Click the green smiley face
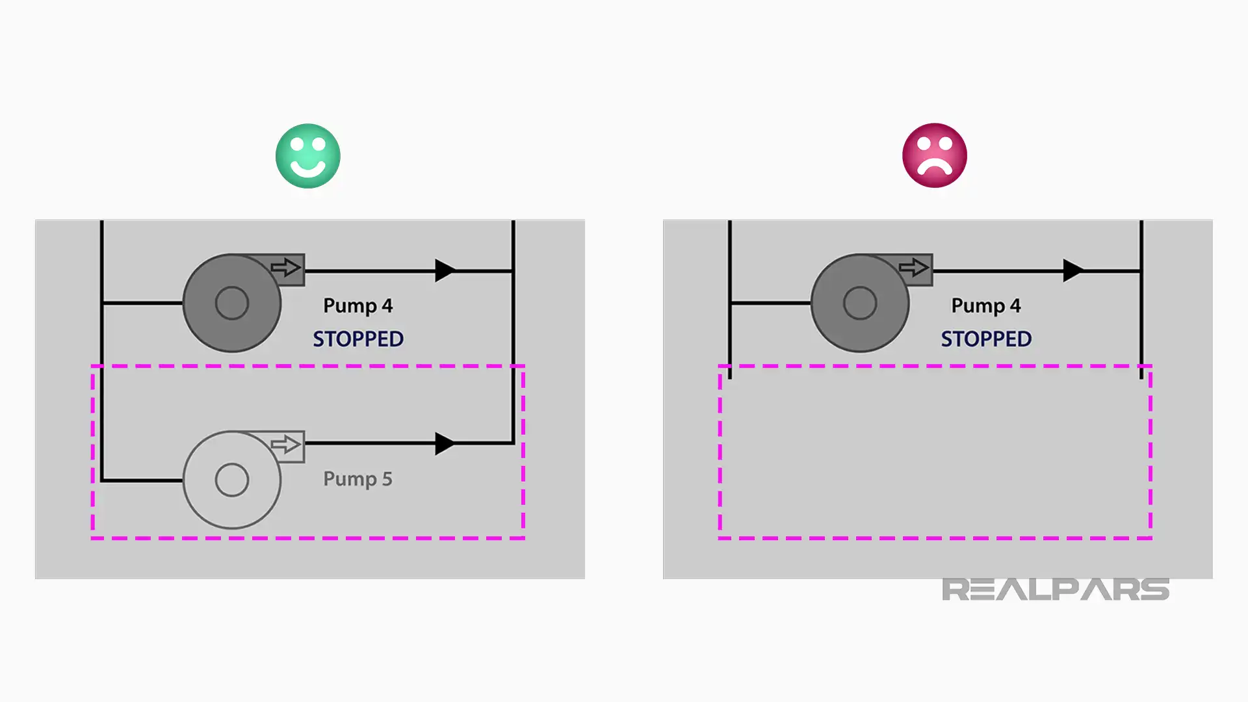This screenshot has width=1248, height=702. point(308,156)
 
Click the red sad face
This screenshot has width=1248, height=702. point(935,155)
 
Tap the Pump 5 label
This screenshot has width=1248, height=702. point(357,480)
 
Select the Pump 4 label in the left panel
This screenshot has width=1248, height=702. point(357,306)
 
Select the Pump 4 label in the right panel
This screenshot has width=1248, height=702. point(986,306)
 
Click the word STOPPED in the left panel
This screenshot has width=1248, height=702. point(358,339)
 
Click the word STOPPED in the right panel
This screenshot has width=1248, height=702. point(986,339)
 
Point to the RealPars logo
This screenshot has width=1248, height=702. point(1056,590)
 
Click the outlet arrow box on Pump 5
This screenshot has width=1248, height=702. point(287,445)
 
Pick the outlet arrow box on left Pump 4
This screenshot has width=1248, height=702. point(287,268)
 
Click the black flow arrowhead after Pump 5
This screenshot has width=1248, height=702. point(445,443)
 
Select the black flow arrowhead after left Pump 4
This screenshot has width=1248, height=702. point(445,270)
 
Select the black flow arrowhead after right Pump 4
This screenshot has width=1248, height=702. point(1074,270)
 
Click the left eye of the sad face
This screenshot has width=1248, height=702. point(924,146)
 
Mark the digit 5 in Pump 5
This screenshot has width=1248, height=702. point(387,479)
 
